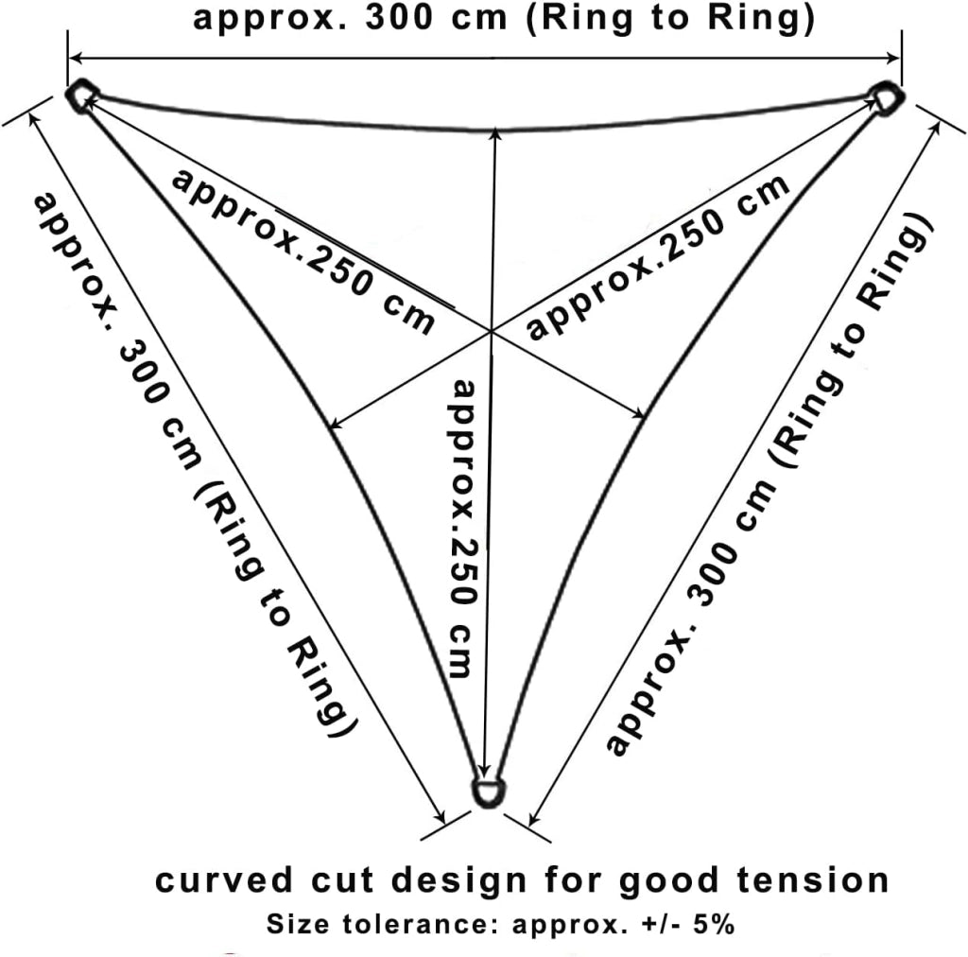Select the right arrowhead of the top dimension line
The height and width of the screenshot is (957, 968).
pyautogui.click(x=893, y=58)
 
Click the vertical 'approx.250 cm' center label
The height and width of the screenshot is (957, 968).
pyautogui.click(x=464, y=529)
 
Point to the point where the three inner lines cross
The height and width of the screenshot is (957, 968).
pyautogui.click(x=492, y=332)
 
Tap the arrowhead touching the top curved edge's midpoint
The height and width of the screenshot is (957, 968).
pyautogui.click(x=495, y=134)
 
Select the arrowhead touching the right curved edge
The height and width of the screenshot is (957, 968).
pyautogui.click(x=638, y=411)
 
